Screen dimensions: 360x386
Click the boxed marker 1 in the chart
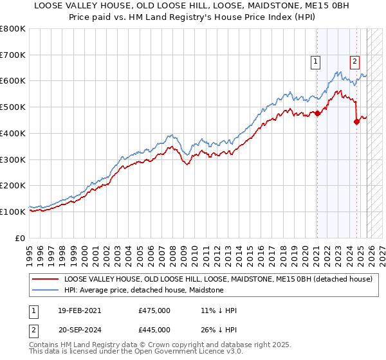point(317,62)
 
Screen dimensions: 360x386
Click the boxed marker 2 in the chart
point(354,62)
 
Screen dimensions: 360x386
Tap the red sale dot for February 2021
point(317,114)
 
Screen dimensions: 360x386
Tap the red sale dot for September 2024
point(356,122)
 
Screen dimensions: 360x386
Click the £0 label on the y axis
point(21,238)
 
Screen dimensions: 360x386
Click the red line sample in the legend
point(46,280)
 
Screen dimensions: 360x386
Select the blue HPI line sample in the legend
point(46,291)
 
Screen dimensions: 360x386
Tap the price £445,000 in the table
point(154,331)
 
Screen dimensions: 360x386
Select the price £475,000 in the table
point(154,310)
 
